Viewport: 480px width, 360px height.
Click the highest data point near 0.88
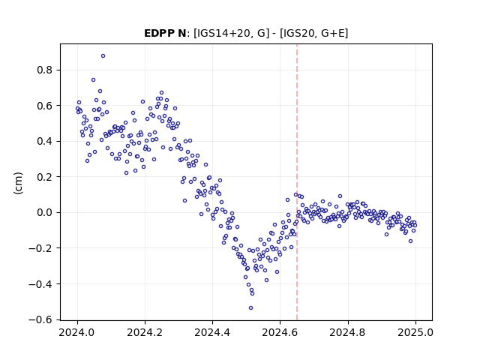coord(103,56)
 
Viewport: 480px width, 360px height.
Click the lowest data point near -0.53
coord(250,308)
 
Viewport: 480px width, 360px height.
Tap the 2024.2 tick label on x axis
coord(145,332)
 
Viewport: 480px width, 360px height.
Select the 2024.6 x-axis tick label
coord(280,332)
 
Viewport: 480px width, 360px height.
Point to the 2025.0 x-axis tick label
coord(415,332)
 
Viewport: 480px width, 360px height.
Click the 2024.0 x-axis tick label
coord(77,332)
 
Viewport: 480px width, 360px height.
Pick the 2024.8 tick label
coord(347,332)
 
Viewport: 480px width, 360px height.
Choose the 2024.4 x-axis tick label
coord(212,332)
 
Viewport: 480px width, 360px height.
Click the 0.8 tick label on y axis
coord(45,70)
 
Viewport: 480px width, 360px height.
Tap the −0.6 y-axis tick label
coord(40,320)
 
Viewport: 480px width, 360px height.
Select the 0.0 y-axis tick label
coord(45,212)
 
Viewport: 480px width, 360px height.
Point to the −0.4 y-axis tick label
coord(40,284)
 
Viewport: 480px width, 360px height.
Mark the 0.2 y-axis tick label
coord(45,177)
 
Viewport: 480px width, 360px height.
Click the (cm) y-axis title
coord(18,183)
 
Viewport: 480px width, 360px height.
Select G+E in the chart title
coord(333,33)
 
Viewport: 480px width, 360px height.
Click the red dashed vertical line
coord(297,182)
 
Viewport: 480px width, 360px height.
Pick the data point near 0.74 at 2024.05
coord(93,80)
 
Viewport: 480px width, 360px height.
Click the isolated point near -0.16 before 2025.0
coord(410,241)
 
